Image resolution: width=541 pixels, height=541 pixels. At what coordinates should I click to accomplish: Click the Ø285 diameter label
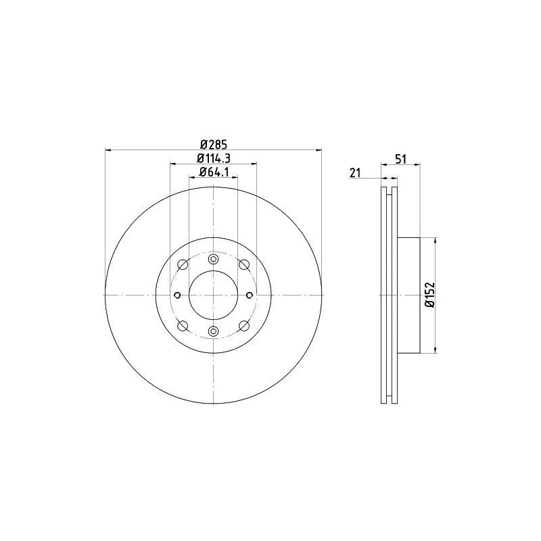tap(214, 144)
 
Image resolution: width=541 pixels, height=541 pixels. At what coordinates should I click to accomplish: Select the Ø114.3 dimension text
tap(214, 158)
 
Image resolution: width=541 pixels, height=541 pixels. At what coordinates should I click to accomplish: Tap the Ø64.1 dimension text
tap(214, 172)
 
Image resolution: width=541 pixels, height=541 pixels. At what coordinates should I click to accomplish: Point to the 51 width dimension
tap(400, 159)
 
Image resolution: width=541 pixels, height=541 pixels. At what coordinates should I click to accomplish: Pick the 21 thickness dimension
tap(355, 172)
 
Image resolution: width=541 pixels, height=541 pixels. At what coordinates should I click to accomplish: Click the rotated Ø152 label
tap(430, 295)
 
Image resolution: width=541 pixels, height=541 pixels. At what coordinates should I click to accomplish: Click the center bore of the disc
tap(214, 296)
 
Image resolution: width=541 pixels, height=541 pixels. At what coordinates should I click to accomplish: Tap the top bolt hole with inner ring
tap(214, 259)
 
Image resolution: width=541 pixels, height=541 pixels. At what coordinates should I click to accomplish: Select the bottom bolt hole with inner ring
tap(214, 331)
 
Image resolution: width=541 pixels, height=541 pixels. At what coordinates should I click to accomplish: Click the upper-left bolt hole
tap(183, 265)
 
